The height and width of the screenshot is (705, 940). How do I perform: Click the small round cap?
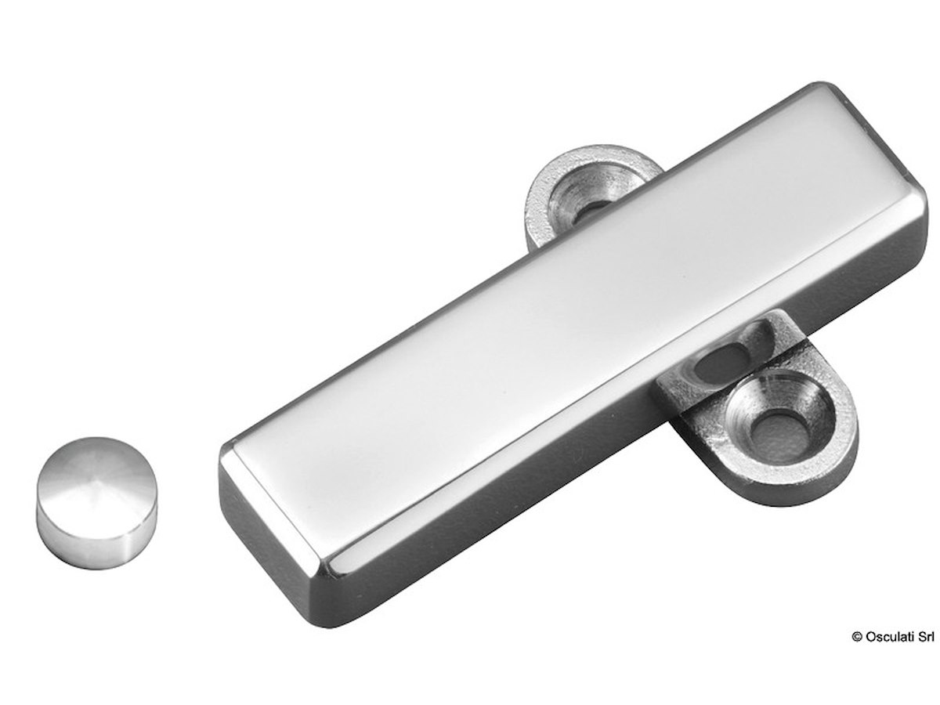(x=96, y=502)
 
